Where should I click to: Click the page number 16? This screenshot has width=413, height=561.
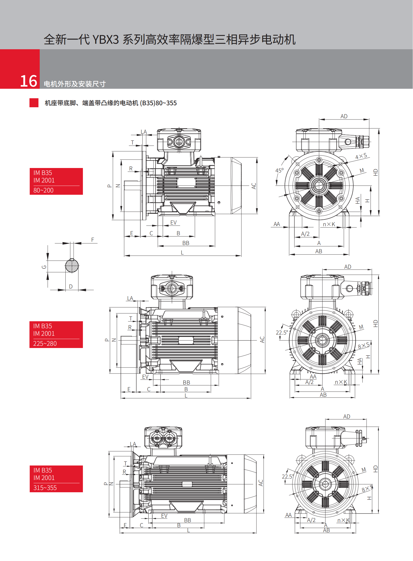point(28,81)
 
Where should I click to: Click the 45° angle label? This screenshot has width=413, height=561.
point(279,170)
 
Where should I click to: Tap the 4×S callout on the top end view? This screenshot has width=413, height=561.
point(361,156)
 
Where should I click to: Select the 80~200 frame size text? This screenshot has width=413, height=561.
point(43,190)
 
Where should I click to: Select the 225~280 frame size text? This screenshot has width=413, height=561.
point(45,343)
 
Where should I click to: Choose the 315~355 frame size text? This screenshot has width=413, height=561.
point(45,488)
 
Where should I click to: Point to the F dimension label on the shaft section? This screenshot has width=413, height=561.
point(92,240)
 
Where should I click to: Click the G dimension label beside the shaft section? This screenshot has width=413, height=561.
point(44,267)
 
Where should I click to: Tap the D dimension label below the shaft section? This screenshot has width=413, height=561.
point(71,286)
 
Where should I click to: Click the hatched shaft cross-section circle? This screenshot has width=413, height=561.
point(72,266)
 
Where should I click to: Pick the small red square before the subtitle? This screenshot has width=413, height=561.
point(34,103)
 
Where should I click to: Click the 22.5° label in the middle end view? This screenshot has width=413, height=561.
point(282,332)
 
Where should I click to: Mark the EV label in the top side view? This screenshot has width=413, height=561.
point(173,222)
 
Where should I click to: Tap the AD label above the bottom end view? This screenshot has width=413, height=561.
point(347,416)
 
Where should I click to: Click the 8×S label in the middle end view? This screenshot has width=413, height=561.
point(364,346)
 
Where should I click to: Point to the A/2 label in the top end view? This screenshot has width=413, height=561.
point(305,234)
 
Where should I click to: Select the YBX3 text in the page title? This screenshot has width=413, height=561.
point(106,39)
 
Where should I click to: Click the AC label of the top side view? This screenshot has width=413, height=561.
point(253,186)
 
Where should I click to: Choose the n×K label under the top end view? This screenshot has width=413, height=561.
point(329,224)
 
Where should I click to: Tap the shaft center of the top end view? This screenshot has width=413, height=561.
point(319,185)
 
